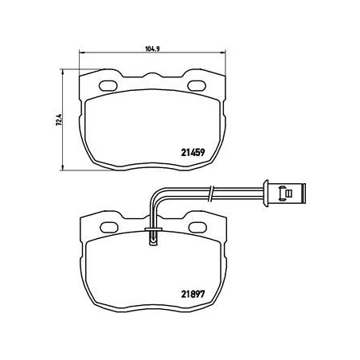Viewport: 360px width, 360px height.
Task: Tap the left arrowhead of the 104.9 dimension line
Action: pos(81,54)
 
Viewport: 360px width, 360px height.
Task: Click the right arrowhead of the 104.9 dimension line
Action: pos(225,54)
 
